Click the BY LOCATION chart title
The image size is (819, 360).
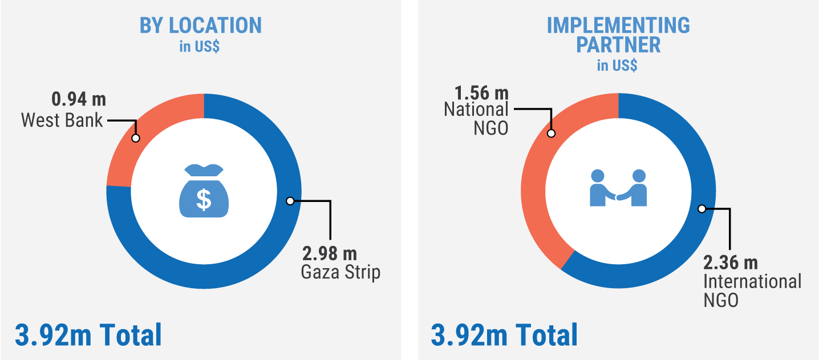[x=201, y=25]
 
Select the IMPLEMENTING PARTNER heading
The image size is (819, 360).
[x=618, y=35]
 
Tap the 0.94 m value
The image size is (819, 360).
[x=79, y=100]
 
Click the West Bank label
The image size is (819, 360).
[x=62, y=120]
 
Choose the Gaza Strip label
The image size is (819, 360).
[x=340, y=272]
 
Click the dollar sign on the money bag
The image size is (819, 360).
[x=204, y=199]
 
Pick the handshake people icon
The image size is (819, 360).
[x=618, y=188]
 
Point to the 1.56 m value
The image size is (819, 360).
[x=481, y=92]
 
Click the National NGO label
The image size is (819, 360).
[x=476, y=118]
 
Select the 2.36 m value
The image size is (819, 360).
[x=730, y=263]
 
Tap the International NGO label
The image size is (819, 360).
[x=752, y=290]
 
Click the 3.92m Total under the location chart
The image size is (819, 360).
[x=88, y=335]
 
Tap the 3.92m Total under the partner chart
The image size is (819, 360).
[x=504, y=335]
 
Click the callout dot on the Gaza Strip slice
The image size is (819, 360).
[x=290, y=201]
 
